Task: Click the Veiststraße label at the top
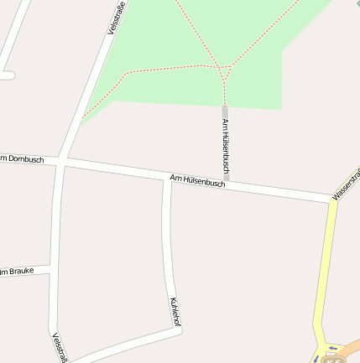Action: pos(115,18)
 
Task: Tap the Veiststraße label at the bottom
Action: pos(60,348)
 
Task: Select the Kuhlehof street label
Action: pos(175,311)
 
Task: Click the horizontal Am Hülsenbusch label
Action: pos(197,180)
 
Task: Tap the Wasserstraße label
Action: pos(347,184)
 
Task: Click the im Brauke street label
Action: pos(17,271)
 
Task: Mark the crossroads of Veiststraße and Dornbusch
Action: pos(61,159)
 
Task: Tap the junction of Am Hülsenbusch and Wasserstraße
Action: pos(332,200)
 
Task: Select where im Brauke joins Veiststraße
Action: pos(52,268)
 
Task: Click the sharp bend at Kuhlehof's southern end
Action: pos(179,329)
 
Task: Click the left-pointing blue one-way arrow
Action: pos(332,348)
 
